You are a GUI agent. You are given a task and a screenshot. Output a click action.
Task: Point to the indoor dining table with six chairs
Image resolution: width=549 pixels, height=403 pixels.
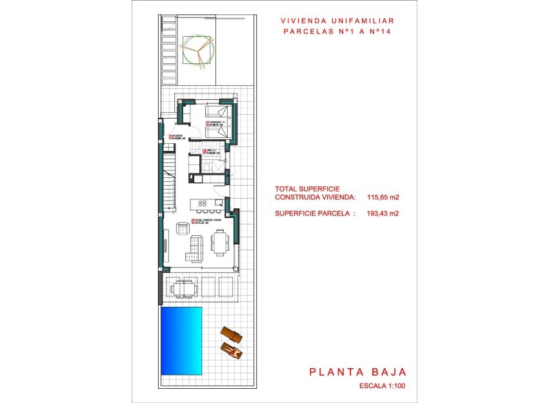(x=219, y=244)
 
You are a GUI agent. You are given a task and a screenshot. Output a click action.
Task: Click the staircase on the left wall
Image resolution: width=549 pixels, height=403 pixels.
(x=169, y=181)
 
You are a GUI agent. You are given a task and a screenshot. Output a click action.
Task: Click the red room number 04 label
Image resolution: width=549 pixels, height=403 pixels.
(x=205, y=152)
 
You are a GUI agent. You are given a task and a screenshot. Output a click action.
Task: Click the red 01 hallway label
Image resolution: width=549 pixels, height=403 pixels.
(x=170, y=136)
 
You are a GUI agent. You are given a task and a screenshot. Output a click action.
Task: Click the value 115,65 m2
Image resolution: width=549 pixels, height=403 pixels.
(x=380, y=197)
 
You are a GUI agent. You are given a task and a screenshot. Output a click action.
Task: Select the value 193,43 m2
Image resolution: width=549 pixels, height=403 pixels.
(x=380, y=213)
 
